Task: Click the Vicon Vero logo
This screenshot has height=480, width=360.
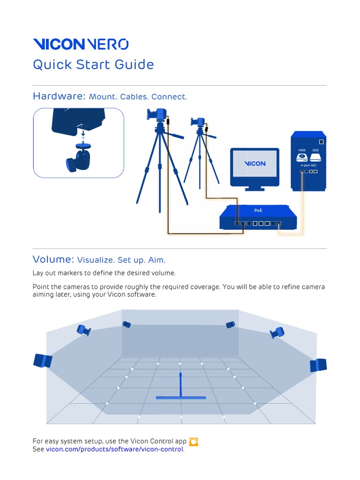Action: tap(80, 45)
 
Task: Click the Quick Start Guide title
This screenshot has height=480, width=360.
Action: tap(93, 65)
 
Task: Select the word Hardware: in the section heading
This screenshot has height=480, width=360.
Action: tap(59, 97)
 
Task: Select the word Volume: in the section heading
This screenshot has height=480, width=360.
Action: tap(53, 259)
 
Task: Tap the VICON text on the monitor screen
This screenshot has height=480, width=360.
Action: tap(255, 164)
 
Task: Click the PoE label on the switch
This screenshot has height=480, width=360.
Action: tap(258, 211)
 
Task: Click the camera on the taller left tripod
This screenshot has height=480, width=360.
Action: tap(157, 114)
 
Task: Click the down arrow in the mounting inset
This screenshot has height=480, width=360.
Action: tap(83, 135)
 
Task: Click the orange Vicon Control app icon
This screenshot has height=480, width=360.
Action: tap(194, 442)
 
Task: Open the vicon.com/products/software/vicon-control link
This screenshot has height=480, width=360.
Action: tap(115, 450)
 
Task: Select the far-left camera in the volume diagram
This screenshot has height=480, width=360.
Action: tap(43, 361)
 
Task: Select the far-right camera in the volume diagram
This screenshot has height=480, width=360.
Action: tap(318, 365)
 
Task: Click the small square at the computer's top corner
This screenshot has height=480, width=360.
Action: tap(321, 142)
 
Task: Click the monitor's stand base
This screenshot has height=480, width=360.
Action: tap(254, 189)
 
